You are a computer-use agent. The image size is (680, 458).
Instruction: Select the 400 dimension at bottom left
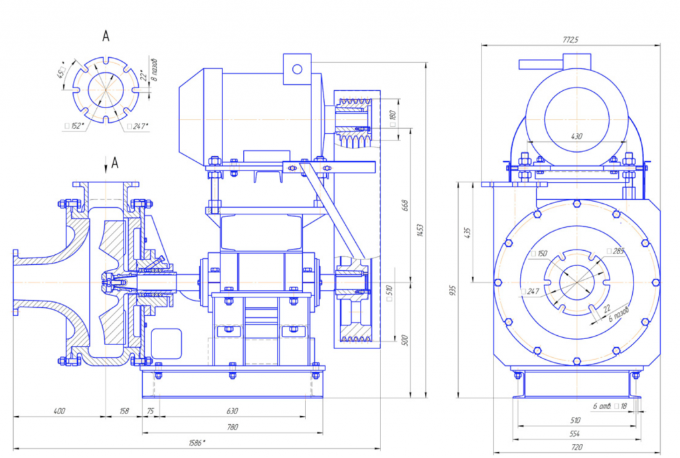[x=59, y=412]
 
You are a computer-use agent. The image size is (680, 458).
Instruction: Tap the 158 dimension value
[x=124, y=412]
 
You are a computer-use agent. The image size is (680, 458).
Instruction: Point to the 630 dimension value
[x=232, y=412]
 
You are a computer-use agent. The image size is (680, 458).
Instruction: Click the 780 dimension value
[x=232, y=427]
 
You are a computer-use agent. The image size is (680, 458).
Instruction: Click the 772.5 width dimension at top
[x=571, y=40]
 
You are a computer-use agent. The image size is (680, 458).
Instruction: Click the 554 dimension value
[x=576, y=434]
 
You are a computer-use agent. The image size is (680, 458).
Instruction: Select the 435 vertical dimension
[x=467, y=233]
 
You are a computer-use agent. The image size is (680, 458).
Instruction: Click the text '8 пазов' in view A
[x=154, y=69]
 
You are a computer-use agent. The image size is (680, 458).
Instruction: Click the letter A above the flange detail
[x=106, y=37]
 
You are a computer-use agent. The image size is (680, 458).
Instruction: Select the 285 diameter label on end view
[x=616, y=251]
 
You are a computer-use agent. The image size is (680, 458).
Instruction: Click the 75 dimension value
[x=149, y=412]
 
